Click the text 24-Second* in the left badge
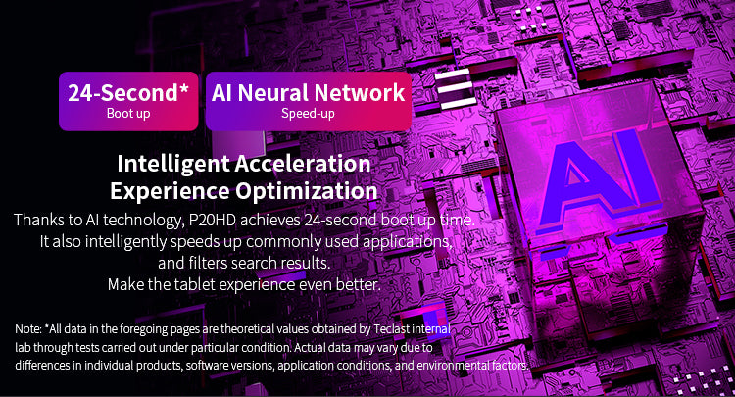coord(128,92)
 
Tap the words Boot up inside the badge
coord(128,114)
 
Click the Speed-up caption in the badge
coord(308,114)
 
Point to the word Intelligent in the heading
coord(173,165)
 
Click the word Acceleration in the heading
coord(303,164)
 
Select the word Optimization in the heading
coord(307,191)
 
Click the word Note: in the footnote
coord(28,329)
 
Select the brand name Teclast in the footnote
coord(392,329)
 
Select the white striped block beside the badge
coord(455,88)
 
